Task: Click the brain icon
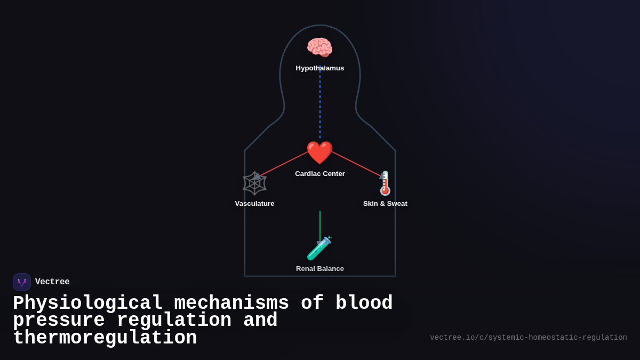[x=319, y=47]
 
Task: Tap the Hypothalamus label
[x=320, y=68]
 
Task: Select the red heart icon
[x=319, y=153]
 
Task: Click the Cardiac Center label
[x=320, y=174]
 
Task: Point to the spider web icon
[x=254, y=183]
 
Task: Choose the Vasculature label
[x=254, y=204]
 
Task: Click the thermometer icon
[x=385, y=183]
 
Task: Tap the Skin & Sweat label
[x=385, y=204]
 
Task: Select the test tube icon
[x=319, y=249]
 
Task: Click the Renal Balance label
[x=320, y=269]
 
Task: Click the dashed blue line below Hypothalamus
[x=320, y=107]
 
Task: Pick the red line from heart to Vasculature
[x=283, y=164]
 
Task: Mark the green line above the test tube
[x=320, y=224]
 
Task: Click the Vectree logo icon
[x=22, y=282]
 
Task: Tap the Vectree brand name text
[x=52, y=282]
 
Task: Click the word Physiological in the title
[x=87, y=303]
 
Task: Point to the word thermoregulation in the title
[x=105, y=338]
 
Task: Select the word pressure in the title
[x=59, y=321]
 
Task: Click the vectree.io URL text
[x=528, y=338]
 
